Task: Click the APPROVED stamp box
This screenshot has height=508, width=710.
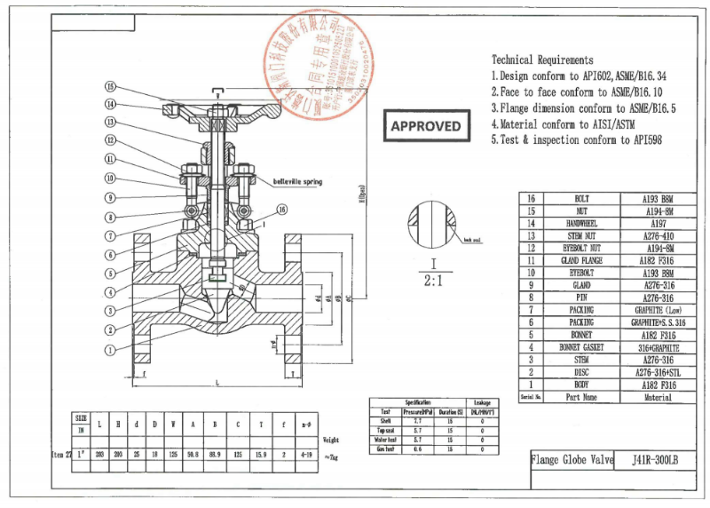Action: pos(426,126)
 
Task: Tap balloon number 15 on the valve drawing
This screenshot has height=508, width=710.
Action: pos(110,87)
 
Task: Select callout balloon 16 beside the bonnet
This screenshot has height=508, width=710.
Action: pos(281,210)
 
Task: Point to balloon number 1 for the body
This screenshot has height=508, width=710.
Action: pos(110,350)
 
